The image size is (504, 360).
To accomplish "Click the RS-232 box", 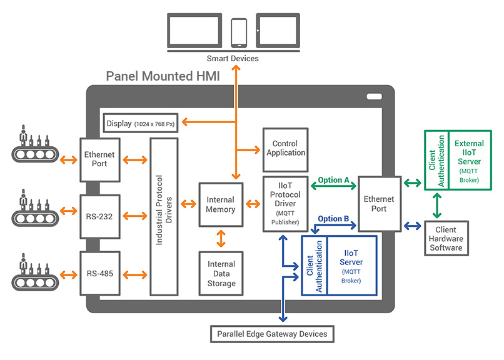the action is (100, 216).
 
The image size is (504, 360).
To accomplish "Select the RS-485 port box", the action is (100, 273).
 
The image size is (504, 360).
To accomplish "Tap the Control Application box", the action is (285, 150).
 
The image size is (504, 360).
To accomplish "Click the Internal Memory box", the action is (221, 204).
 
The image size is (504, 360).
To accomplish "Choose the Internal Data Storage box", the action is (221, 273).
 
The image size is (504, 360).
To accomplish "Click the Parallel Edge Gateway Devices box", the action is (272, 334).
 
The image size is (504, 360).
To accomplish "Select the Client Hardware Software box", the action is (446, 238).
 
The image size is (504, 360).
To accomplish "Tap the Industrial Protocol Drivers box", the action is (164, 216).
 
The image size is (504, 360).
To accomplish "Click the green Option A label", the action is (334, 180).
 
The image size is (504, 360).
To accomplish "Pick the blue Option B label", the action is (333, 219).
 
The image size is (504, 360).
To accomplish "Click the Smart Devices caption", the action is (233, 59).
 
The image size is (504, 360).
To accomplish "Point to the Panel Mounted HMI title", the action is (163, 76).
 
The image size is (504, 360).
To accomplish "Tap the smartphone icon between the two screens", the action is (239, 33).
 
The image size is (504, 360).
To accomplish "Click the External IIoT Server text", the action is (469, 152).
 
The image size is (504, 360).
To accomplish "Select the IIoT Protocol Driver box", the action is (285, 204).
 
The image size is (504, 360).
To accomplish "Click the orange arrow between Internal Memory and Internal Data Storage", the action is (221, 239).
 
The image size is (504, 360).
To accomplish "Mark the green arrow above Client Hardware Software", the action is (437, 206).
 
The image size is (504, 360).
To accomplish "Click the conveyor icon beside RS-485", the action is (35, 272).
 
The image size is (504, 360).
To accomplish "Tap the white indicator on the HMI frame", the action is (375, 96).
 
